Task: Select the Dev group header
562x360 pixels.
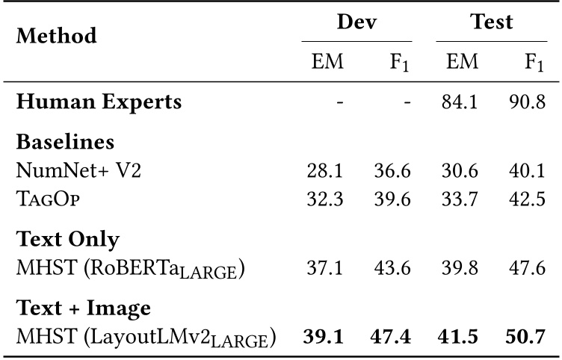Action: click(356, 22)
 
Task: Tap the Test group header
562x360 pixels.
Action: click(490, 22)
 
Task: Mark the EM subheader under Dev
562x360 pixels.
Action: click(327, 62)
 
